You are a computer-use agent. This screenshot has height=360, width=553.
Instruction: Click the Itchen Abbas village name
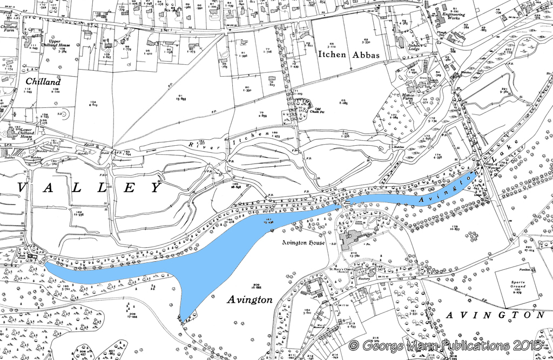point(349,55)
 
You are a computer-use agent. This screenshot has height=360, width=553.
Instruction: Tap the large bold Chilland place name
point(43,81)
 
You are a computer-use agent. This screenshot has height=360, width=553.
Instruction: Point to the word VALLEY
point(90,187)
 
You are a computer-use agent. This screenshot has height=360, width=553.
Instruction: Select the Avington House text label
point(302,243)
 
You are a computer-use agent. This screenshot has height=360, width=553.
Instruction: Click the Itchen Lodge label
point(414,47)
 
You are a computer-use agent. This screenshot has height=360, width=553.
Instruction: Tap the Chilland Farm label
point(9,29)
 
